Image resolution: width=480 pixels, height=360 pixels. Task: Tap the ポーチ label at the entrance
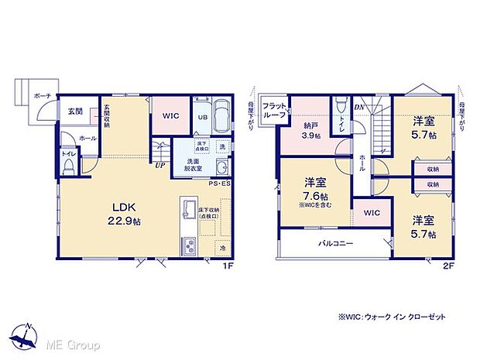(43, 96)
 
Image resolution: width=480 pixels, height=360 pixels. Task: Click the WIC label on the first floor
(171, 116)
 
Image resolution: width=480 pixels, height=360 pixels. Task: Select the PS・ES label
(221, 184)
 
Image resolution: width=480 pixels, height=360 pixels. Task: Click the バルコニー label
(336, 243)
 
